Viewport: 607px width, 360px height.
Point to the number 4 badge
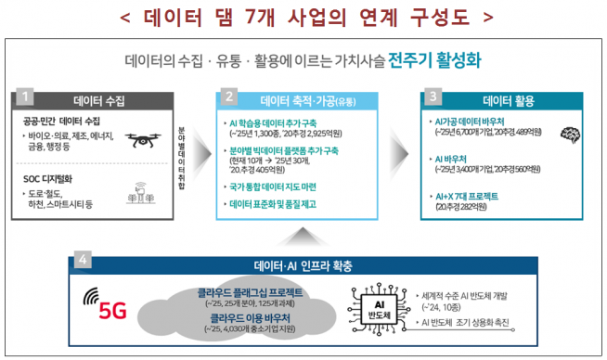[81, 260]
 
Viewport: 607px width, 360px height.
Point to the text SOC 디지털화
[54, 179]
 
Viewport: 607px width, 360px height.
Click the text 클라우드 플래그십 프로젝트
[249, 292]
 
